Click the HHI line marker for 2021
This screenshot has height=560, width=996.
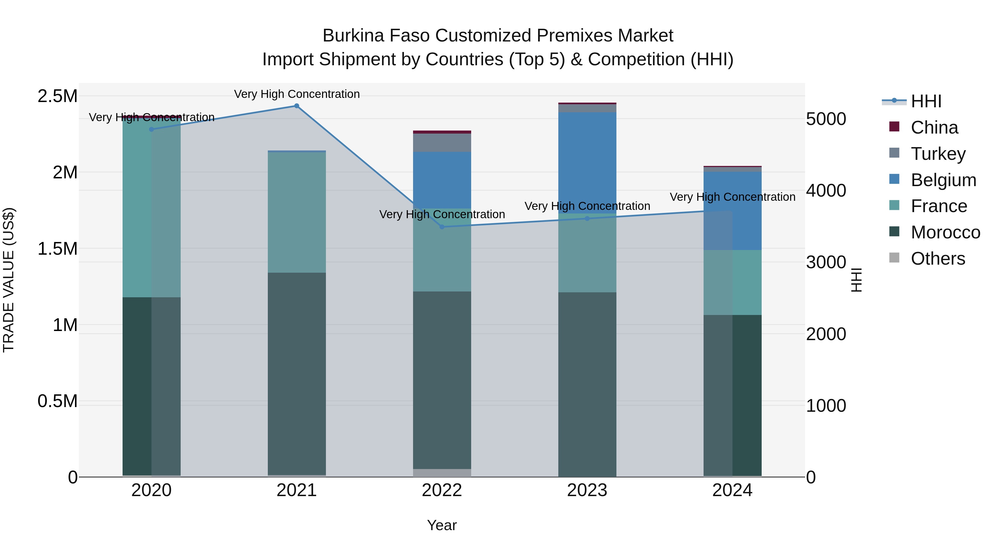point(297,106)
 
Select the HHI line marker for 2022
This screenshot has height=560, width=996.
point(442,227)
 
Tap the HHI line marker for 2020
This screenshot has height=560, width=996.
point(152,129)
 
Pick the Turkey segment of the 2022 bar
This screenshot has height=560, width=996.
point(442,143)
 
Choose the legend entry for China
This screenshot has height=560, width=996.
point(934,127)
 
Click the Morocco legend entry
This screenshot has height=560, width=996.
point(945,232)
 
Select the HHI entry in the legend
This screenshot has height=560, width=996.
point(926,101)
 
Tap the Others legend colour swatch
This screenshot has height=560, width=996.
point(894,258)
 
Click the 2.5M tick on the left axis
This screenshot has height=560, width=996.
point(57,96)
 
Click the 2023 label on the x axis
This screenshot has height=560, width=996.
point(587,490)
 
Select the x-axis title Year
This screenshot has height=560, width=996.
point(442,525)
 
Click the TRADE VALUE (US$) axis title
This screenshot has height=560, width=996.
point(9,280)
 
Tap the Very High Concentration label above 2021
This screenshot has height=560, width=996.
point(297,94)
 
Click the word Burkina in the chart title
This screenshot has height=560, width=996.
point(353,36)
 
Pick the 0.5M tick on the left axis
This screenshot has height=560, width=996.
point(57,401)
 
